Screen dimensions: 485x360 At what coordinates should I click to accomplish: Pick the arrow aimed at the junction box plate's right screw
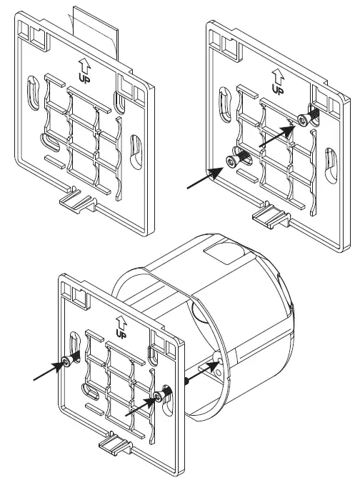139,406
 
